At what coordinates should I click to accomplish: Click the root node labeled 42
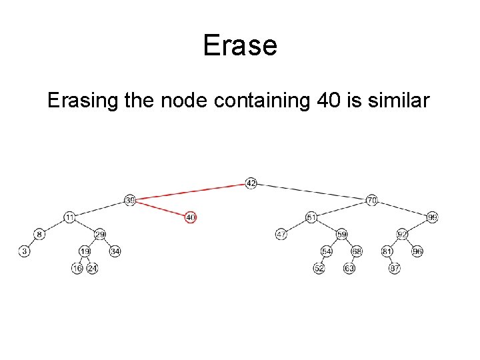[x=251, y=183]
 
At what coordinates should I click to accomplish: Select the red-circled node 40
[x=191, y=217]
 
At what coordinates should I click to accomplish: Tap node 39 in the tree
[x=130, y=200]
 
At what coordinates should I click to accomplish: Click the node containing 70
[x=372, y=200]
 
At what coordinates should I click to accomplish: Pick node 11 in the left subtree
[x=70, y=217]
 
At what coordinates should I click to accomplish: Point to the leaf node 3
[x=25, y=251]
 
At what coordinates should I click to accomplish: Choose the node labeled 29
[x=100, y=234]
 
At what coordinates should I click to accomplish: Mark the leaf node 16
[x=77, y=268]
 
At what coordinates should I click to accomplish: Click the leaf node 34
[x=115, y=251]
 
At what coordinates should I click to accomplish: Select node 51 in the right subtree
[x=311, y=217]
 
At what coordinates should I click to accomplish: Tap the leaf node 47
[x=281, y=234]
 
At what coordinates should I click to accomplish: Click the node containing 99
[x=432, y=217]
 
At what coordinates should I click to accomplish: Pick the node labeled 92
[x=402, y=234]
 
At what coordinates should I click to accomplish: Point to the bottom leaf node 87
[x=395, y=268]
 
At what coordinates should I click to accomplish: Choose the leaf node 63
[x=349, y=268]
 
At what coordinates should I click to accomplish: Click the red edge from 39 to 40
[x=160, y=209]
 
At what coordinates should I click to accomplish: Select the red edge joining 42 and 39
[x=190, y=191]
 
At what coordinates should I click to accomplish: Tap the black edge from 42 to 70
[x=311, y=191]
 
